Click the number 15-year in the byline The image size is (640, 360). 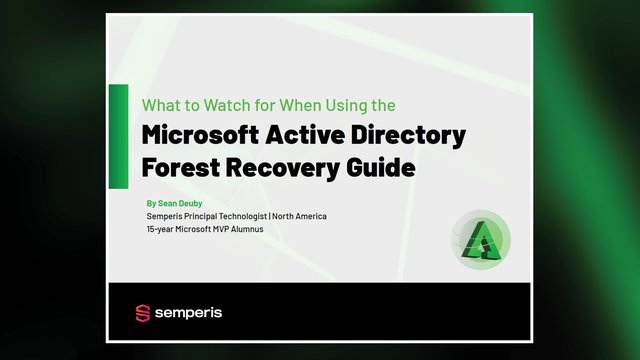tap(163, 230)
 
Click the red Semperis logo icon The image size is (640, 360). tap(142, 314)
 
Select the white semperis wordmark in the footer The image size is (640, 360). tap(188, 314)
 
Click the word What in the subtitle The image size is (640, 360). tap(158, 105)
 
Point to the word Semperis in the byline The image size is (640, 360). tap(165, 216)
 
